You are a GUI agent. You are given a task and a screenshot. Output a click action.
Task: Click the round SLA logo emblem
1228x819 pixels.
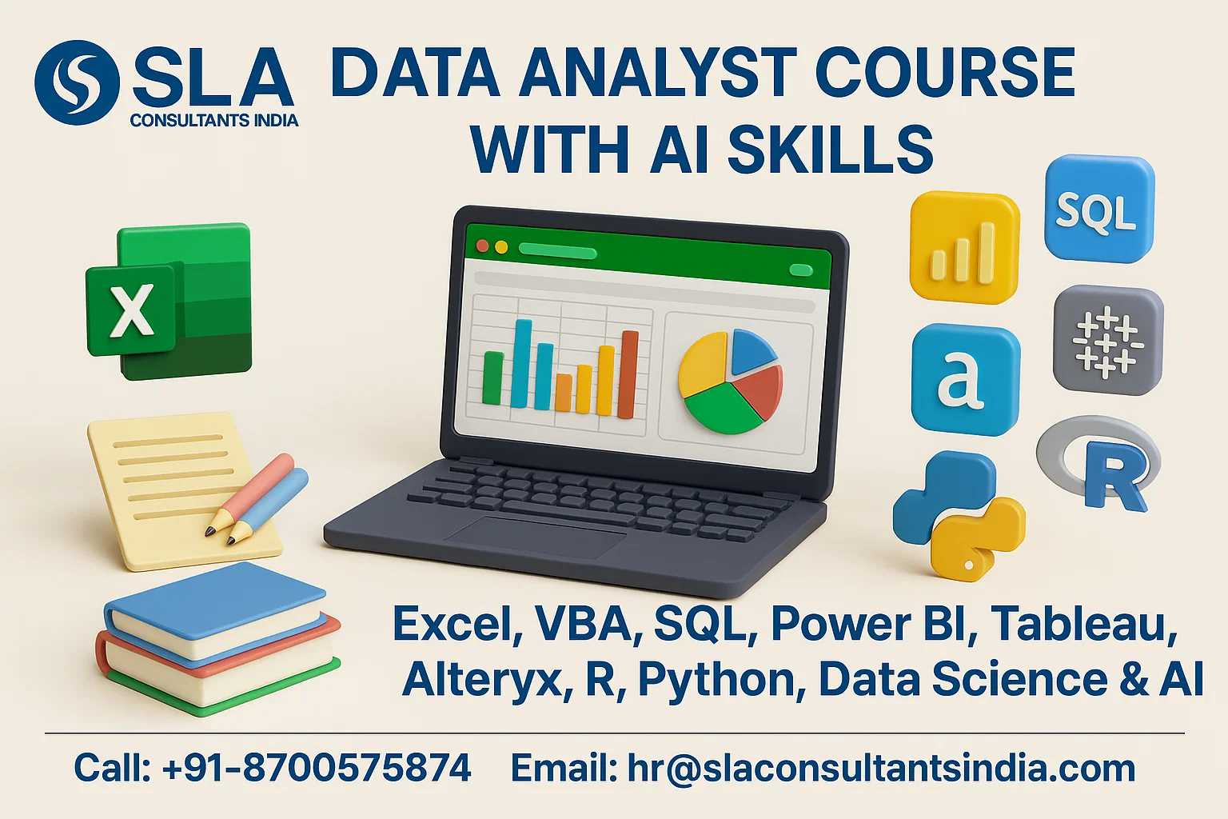tap(77, 82)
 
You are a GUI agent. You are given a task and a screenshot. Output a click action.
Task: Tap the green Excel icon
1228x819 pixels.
tap(169, 300)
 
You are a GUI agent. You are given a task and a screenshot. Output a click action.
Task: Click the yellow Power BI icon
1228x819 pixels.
tap(964, 248)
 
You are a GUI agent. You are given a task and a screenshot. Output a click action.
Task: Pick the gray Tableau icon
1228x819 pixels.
tap(1107, 340)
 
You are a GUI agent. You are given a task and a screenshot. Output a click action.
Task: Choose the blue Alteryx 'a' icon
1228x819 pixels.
tap(965, 379)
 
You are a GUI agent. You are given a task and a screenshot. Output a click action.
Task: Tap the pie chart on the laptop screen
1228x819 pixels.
tap(729, 382)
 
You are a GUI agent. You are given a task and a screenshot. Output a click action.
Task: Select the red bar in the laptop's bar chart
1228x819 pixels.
tap(628, 374)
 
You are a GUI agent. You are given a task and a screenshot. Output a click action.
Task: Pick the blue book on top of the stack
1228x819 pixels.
tap(214, 608)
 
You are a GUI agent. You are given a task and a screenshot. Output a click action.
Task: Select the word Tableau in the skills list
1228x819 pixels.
tap(1084, 625)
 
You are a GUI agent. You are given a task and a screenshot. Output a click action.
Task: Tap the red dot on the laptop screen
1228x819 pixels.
tap(482, 246)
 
